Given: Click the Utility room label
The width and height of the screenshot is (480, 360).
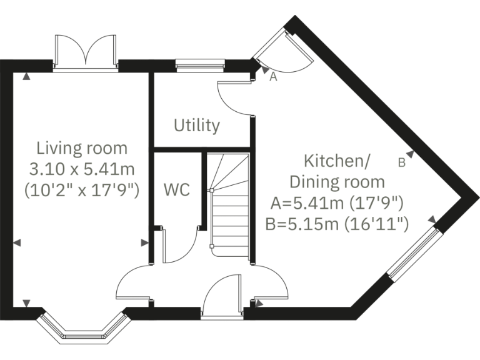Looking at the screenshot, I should (197, 125).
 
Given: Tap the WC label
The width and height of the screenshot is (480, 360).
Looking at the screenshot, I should (177, 189).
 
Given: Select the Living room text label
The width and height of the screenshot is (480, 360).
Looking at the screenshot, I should (82, 149).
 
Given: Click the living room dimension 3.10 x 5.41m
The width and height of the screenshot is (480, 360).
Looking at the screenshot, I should (82, 169).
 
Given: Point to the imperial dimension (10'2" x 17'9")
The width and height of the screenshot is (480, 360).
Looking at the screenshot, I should (82, 189).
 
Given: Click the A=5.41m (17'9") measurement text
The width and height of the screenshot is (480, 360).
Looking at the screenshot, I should (336, 203).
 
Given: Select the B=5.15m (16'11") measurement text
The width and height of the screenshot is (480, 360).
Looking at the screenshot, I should (336, 224).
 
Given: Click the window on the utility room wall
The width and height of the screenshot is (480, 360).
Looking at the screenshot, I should (199, 62).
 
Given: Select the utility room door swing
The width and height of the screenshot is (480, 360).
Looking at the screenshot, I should (234, 99).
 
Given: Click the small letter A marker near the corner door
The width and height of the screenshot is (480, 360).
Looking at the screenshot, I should (272, 77).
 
